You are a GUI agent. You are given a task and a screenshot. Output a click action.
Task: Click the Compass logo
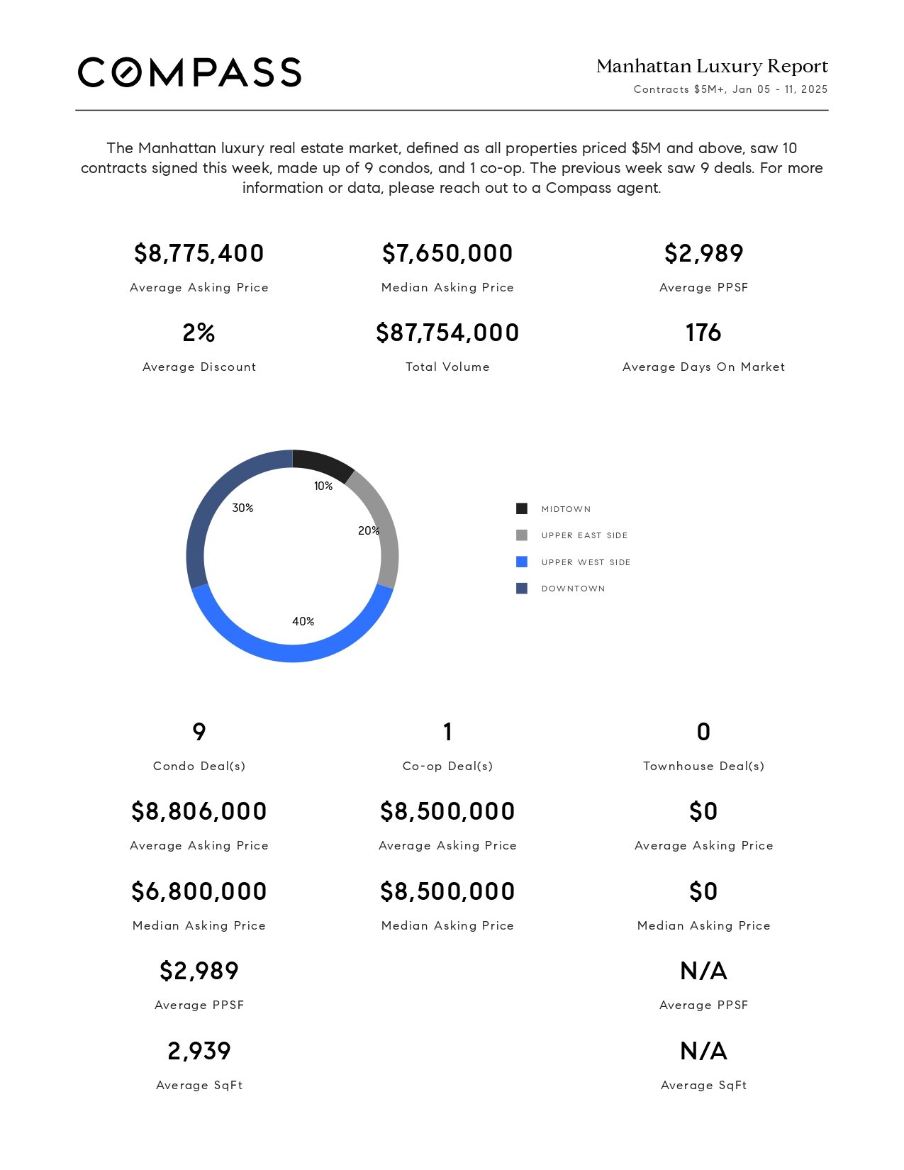pyautogui.click(x=189, y=72)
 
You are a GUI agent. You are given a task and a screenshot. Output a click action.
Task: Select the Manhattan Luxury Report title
pyautogui.click(x=712, y=66)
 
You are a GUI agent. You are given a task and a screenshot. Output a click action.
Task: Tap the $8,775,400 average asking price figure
pyautogui.click(x=199, y=253)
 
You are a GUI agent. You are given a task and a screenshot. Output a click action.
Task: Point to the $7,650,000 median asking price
pyautogui.click(x=447, y=253)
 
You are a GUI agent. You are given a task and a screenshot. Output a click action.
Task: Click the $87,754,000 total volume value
pyautogui.click(x=447, y=333)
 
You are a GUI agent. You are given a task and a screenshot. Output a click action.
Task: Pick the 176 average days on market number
pyautogui.click(x=703, y=333)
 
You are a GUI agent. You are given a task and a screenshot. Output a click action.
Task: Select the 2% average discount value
pyautogui.click(x=199, y=333)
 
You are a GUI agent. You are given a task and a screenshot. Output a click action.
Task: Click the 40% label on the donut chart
pyautogui.click(x=303, y=621)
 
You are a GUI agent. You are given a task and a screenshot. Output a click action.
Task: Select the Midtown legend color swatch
pyautogui.click(x=522, y=508)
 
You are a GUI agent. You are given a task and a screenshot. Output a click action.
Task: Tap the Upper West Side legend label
pyautogui.click(x=586, y=562)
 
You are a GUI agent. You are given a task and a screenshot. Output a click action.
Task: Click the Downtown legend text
pyautogui.click(x=573, y=589)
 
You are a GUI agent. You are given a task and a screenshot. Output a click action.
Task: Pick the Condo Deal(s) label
pyautogui.click(x=199, y=766)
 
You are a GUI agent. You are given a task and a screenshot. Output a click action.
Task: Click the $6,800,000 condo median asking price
pyautogui.click(x=199, y=891)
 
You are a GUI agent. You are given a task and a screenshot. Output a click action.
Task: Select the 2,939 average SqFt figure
pyautogui.click(x=199, y=1051)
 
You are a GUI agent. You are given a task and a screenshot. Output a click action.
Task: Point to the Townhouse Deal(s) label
pyautogui.click(x=703, y=766)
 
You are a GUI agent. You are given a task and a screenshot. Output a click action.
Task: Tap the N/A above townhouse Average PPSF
pyautogui.click(x=703, y=971)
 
